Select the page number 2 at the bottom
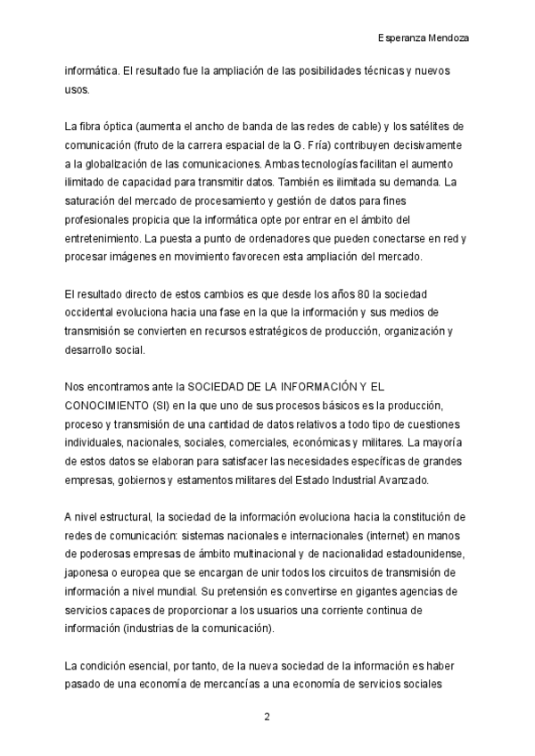(x=267, y=717)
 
